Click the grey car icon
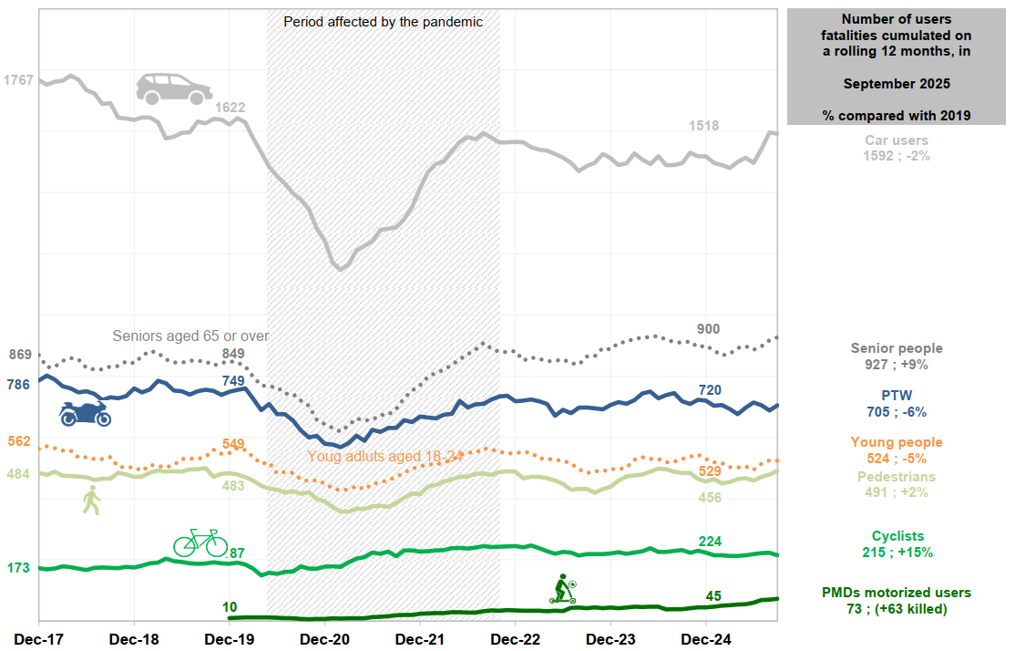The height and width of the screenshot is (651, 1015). point(173,88)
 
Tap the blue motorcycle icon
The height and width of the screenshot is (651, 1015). point(85,413)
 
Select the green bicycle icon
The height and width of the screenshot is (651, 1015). point(200,542)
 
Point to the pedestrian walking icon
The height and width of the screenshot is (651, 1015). point(91,501)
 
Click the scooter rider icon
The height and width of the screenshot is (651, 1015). point(563,589)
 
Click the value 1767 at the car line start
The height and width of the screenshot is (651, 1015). point(18,80)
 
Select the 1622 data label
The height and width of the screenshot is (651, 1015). point(231,108)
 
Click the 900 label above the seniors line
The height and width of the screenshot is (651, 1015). point(708,328)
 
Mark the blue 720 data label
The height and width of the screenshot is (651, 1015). point(710,390)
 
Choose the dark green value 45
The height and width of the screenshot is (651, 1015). point(713,596)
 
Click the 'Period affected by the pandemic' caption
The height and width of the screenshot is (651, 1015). point(383,21)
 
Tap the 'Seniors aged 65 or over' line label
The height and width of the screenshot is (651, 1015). point(190,336)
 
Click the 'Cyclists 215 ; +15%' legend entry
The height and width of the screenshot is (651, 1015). point(897,544)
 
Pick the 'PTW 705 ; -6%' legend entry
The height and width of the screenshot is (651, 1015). point(897,404)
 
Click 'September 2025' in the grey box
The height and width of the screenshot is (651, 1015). point(897,84)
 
